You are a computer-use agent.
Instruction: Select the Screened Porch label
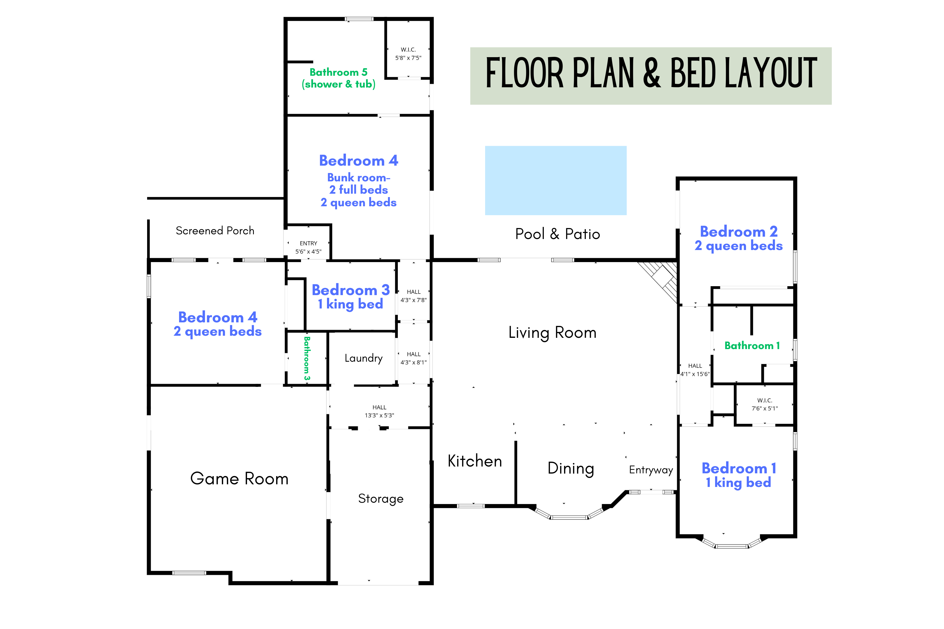coord(215,231)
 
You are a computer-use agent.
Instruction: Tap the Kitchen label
coord(475,461)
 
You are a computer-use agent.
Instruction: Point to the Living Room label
coord(552,333)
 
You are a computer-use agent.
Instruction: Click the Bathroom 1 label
coord(752,345)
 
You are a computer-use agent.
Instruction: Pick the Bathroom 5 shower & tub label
coord(338,78)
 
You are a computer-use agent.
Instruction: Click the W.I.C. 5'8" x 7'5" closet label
coord(408,54)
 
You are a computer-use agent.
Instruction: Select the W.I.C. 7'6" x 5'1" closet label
coord(765,404)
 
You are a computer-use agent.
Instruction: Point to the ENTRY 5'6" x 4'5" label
coord(308,247)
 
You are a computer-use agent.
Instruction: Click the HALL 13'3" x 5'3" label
coord(379,411)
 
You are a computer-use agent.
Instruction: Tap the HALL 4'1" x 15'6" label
coord(695,370)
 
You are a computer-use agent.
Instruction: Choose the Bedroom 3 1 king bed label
coord(350,296)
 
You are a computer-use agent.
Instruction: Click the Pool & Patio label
coord(557,234)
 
